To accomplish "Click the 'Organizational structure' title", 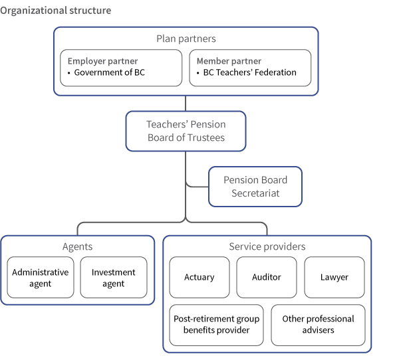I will [56, 11].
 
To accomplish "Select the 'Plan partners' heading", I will [186, 39].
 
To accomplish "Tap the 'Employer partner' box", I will [120, 67].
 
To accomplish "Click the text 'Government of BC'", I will [109, 72].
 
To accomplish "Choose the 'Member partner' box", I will [250, 67].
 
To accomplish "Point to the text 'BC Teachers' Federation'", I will [249, 72].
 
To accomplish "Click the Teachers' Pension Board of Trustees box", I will [186, 131].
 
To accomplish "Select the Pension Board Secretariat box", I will [255, 186].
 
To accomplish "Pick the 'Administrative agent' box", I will [40, 278].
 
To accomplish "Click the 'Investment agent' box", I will [113, 278].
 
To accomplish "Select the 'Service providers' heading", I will [267, 246].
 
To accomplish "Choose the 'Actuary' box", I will [199, 277].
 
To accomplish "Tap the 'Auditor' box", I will [267, 277].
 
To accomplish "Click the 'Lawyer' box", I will [334, 277].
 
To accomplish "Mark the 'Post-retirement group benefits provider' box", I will [216, 325].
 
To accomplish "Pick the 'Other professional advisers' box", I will [318, 325].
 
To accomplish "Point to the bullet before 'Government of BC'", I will [69, 73].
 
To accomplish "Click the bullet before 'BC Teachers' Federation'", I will [198, 73].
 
